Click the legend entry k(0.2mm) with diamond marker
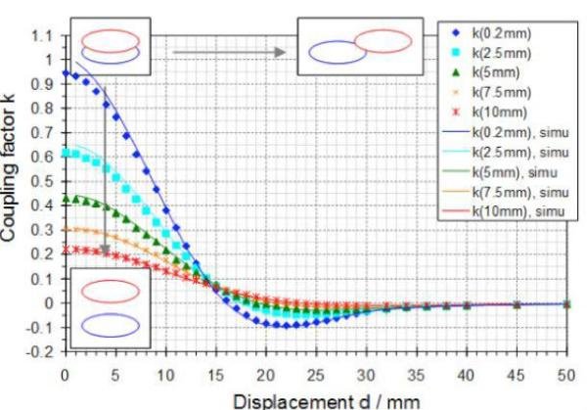[493, 33]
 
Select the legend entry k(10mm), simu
[504, 211]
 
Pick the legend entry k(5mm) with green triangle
[486, 72]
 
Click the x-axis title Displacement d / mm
[327, 402]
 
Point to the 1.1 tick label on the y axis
[42, 36]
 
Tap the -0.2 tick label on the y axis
[40, 352]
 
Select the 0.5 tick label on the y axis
[42, 181]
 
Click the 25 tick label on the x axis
[316, 375]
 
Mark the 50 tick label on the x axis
[566, 375]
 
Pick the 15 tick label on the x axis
[215, 375]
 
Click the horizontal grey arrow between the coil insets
[229, 52]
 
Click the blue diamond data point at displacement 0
[66, 73]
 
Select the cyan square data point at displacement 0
[66, 153]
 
